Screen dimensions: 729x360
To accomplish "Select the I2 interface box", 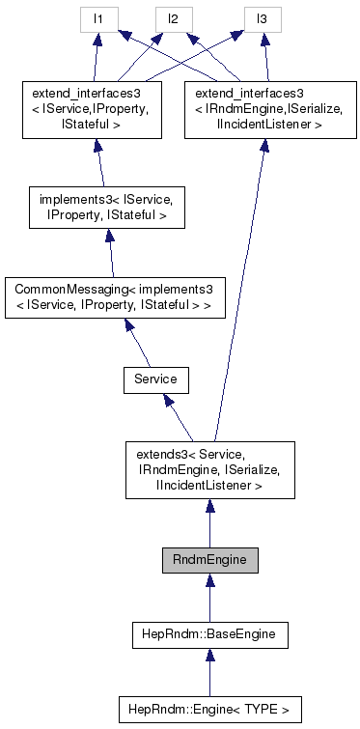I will click(175, 18).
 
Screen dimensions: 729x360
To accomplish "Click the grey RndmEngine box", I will click(208, 560).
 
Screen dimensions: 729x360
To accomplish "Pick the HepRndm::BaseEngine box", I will click(208, 634).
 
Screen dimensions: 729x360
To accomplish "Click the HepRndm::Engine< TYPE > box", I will click(208, 709).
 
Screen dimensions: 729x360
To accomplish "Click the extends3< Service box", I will click(208, 469).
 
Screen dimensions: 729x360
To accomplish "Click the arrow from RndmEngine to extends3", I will click(208, 522).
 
